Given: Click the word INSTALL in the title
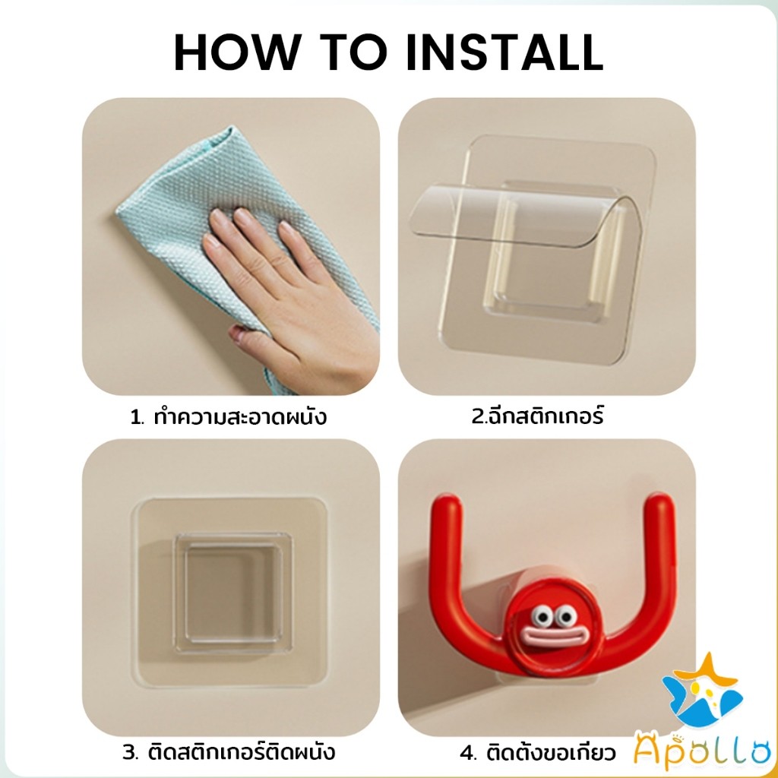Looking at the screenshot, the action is [x=504, y=52].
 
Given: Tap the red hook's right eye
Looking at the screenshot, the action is [x=565, y=618].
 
